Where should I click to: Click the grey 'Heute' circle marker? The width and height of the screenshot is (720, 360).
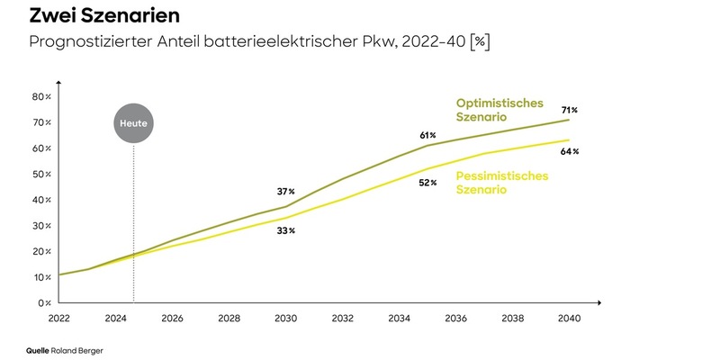click(x=133, y=121)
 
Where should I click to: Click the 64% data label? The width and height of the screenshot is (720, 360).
click(x=570, y=151)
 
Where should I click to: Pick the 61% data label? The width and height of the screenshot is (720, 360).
click(x=427, y=135)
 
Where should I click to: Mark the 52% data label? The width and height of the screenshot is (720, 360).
click(x=427, y=183)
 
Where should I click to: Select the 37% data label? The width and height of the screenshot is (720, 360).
click(x=285, y=192)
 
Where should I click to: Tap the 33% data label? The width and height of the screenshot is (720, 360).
click(x=285, y=230)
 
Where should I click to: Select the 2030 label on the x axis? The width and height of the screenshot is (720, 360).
click(x=285, y=319)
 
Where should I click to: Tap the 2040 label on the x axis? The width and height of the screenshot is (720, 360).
click(x=570, y=319)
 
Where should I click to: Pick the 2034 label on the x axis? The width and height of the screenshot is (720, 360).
click(x=399, y=319)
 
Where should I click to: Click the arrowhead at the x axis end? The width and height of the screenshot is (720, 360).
click(x=599, y=303)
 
